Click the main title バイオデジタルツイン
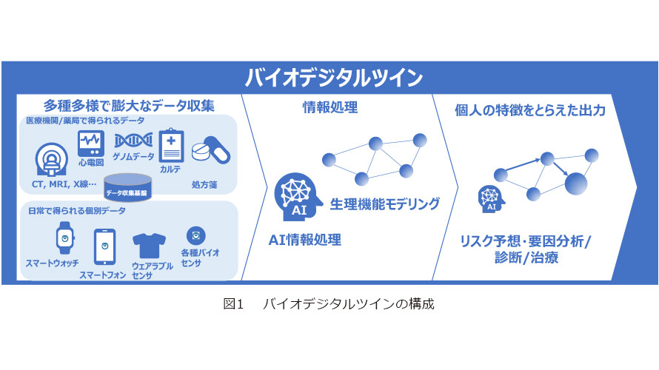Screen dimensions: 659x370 (333, 78)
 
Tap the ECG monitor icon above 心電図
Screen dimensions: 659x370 (91, 144)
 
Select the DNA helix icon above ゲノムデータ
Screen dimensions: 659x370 (133, 141)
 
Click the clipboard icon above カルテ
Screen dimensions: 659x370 (171, 145)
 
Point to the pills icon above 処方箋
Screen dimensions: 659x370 (210, 150)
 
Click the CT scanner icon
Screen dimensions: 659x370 (52, 160)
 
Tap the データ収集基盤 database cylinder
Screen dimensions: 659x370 (128, 187)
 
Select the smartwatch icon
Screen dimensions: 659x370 (65, 238)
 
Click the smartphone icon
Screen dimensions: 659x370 (104, 247)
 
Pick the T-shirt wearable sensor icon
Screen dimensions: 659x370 (149, 246)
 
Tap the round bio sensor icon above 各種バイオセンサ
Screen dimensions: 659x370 (196, 235)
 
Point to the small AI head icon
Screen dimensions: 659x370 (491, 199)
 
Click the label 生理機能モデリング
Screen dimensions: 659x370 (384, 204)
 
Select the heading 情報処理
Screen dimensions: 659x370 (330, 107)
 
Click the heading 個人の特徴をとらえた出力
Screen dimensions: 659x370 (530, 110)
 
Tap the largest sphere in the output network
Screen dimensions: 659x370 (575, 184)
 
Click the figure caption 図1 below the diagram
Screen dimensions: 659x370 (233, 303)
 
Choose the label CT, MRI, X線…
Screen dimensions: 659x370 (64, 184)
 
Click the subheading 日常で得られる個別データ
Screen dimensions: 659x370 (76, 211)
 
